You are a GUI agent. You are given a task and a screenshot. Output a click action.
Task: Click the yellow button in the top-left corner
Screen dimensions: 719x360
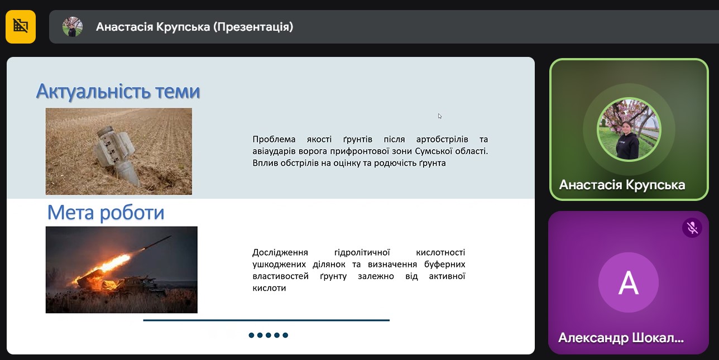click(21, 27)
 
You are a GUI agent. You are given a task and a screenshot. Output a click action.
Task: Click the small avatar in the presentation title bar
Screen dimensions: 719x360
click(73, 27)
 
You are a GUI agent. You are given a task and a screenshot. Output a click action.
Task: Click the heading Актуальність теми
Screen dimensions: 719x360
click(118, 91)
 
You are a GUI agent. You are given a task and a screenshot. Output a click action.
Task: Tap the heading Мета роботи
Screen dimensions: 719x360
click(106, 213)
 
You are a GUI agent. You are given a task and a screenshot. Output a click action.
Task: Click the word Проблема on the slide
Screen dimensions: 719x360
click(274, 139)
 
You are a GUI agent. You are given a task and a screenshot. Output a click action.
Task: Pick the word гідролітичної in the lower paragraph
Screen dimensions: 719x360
click(362, 253)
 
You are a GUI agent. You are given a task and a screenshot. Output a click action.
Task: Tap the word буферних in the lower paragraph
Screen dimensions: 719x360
click(444, 265)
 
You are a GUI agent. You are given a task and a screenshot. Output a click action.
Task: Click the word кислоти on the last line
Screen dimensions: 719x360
click(269, 288)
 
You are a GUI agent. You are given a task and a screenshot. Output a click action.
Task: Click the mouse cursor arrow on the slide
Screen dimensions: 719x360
click(440, 116)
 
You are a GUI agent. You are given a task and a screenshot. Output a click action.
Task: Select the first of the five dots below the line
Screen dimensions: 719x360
click(251, 335)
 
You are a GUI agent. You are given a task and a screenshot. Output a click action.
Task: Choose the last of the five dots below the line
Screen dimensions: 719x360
click(285, 335)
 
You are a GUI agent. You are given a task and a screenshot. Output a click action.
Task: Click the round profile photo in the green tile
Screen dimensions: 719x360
click(629, 129)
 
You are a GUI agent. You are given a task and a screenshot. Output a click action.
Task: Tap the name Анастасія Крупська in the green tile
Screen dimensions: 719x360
click(622, 185)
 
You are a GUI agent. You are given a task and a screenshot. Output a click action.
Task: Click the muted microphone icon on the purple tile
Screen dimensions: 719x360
click(692, 228)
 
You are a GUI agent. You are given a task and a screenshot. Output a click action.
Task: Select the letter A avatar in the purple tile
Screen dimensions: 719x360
click(629, 282)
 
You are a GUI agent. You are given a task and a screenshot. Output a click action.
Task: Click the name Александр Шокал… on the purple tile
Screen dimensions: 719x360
click(621, 338)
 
